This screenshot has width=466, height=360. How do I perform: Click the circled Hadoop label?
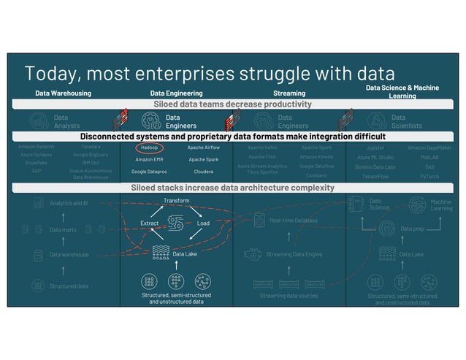coord(150,147)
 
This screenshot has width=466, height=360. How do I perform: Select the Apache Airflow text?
coord(203,147)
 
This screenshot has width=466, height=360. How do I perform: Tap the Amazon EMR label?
coord(149,158)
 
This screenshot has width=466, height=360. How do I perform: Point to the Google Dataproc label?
coord(149,172)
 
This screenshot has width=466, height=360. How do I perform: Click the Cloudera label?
coord(203,172)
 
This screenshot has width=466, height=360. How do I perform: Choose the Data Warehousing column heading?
coord(63,93)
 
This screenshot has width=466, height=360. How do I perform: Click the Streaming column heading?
coord(289,93)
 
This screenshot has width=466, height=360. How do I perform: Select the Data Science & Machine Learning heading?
coord(402,91)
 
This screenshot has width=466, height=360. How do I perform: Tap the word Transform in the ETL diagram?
coord(176,200)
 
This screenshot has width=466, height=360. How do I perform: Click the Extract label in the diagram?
coord(149,223)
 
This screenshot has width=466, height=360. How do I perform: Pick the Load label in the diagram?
coord(203,223)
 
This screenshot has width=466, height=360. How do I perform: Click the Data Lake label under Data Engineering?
coord(185,254)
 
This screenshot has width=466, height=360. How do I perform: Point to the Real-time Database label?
coord(293,219)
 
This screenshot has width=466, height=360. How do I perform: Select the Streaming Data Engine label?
coord(294,254)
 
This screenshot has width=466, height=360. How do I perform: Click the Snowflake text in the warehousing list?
coord(37,163)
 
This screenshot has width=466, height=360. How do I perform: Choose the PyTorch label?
coord(429,176)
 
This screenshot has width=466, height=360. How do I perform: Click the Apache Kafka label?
coord(262,147)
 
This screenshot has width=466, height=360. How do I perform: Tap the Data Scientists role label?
coord(407,121)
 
